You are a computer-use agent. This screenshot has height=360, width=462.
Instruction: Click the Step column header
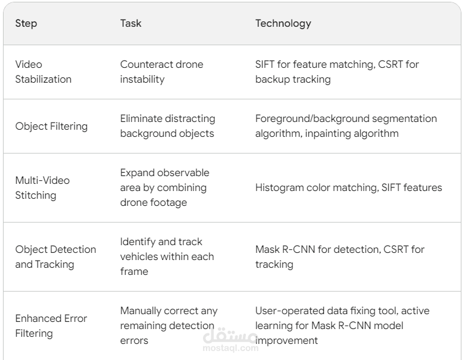(26, 23)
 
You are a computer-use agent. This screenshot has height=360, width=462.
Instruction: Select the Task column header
(130, 23)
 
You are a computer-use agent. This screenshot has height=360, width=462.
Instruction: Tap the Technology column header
(283, 23)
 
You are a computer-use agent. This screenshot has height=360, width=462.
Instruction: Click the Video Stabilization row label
(43, 71)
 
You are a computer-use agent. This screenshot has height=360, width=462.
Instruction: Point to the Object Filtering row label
(51, 126)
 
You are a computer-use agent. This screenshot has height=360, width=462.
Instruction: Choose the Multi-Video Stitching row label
(42, 187)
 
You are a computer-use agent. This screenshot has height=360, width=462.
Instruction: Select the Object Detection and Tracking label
(56, 256)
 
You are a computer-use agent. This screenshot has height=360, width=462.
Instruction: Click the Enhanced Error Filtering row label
(51, 326)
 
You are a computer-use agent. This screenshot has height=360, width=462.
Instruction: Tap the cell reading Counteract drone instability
(162, 71)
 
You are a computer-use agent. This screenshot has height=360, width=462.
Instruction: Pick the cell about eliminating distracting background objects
(168, 126)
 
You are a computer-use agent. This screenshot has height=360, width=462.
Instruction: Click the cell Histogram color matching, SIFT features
(348, 187)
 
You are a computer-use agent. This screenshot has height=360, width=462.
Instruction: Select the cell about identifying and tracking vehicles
(167, 256)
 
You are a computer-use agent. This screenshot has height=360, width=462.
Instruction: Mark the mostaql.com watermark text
(231, 348)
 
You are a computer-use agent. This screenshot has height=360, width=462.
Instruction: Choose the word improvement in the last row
(286, 340)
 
